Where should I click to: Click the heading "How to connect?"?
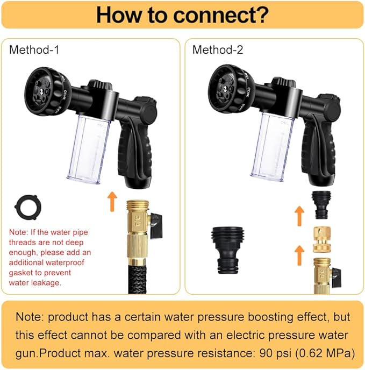182,15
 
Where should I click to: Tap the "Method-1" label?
34,50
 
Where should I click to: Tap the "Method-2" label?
218,50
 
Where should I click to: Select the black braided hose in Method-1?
131,277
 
